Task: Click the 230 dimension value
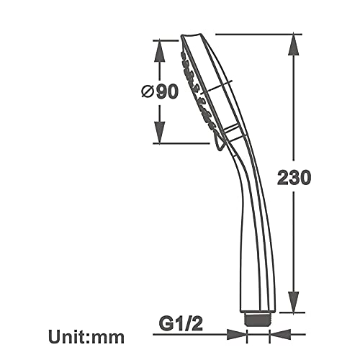pos(294,177)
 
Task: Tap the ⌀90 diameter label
pos(160,92)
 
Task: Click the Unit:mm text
pos(86,336)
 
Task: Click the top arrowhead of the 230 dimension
pos(294,45)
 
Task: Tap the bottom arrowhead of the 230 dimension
pos(294,302)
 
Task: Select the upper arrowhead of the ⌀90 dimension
pos(160,51)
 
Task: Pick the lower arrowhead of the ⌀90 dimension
pos(160,132)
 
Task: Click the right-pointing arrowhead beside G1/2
pos(237,334)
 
